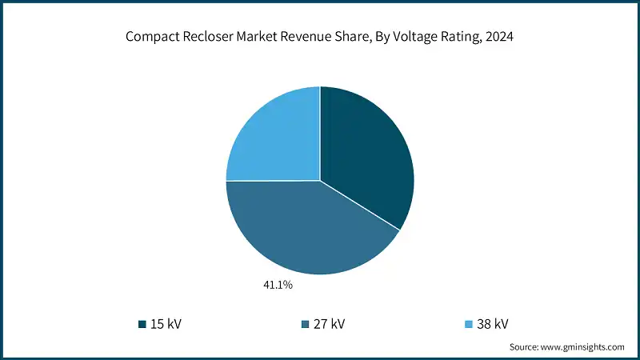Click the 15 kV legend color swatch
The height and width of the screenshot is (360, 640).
point(142,324)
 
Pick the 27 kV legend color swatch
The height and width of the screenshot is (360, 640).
point(304,324)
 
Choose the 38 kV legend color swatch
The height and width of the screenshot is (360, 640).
point(470,324)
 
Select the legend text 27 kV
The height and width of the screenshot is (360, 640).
point(330,324)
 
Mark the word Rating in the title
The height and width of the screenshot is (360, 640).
point(470,36)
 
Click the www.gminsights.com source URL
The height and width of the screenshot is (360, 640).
point(582,347)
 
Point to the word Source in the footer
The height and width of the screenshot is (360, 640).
point(525,347)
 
